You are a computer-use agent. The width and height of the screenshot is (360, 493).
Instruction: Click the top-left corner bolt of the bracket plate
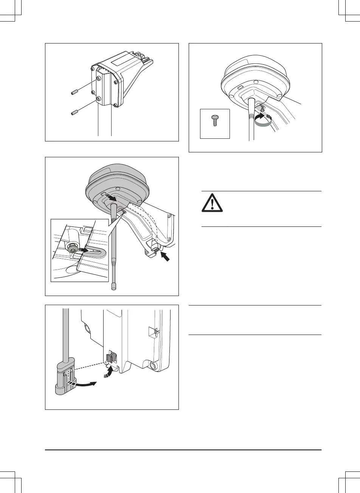pos(92,69)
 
